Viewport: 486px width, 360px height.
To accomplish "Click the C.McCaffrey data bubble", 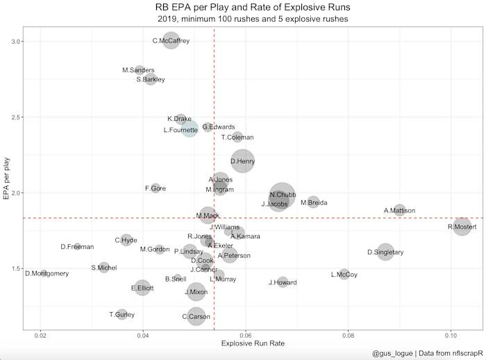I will point(171,41).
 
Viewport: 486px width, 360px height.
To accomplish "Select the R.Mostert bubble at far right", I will point(462,226).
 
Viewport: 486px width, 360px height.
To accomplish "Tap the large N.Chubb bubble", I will point(282,196).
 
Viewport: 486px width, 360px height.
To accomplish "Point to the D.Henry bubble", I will point(242,161).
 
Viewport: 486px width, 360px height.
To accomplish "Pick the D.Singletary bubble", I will point(385,252).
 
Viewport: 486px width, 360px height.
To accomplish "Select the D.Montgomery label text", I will point(47,273).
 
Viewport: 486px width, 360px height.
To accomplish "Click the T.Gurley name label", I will point(121,315).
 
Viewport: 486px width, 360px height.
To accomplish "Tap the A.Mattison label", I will point(399,211).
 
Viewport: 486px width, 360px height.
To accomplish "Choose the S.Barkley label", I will point(151,80).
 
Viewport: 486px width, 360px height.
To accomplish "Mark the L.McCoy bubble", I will point(344,275).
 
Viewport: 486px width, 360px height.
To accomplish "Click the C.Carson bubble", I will point(196,316).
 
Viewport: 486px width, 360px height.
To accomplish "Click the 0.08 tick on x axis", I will point(347,336).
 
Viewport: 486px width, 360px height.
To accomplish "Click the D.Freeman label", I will point(77,247).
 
